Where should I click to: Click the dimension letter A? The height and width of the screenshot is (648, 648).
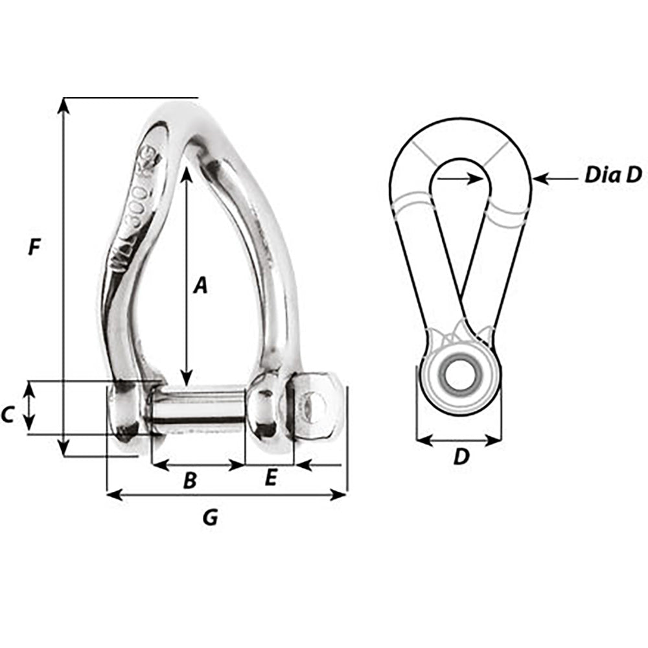tap(201, 284)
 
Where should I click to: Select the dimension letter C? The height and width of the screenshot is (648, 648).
tap(8, 414)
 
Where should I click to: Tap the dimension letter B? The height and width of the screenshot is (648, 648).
tap(189, 480)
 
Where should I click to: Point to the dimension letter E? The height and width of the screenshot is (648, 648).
tap(271, 478)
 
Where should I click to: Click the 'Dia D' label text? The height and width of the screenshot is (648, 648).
tap(612, 174)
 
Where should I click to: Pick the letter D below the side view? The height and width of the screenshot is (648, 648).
tap(460, 457)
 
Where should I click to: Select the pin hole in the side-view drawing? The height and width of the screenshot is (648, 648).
tap(459, 376)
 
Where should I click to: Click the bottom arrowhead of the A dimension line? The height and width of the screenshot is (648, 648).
tap(187, 379)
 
